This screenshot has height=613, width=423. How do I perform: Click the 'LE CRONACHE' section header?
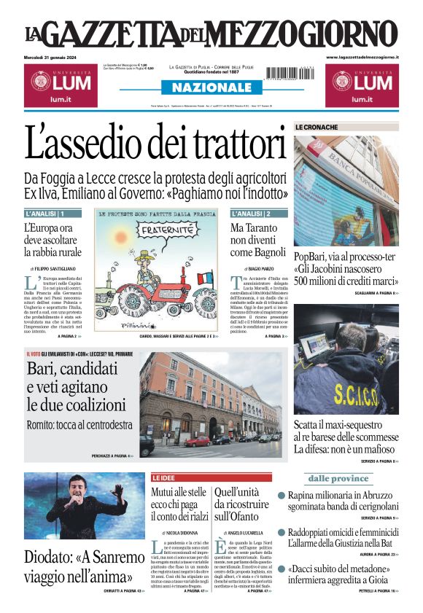tap(317, 128)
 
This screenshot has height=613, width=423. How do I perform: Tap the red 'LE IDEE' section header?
tap(164, 477)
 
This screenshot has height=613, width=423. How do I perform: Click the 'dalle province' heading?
tap(338, 478)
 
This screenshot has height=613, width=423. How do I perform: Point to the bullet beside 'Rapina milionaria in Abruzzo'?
tap(282, 496)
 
